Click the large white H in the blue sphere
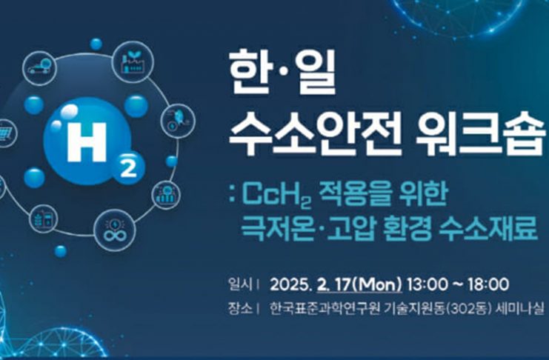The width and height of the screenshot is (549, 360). pos(87,142)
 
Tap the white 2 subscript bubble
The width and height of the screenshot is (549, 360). pos(128,169)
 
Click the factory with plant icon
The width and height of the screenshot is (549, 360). pos(133,62)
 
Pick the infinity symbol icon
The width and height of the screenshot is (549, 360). pos(115,230)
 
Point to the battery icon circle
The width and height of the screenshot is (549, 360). pos(44,219)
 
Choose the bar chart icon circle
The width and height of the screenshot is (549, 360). pos(166,195)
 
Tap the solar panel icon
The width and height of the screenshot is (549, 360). pos(7,133)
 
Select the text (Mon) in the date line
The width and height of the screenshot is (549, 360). pos(376,284)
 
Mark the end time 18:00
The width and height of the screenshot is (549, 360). pos(488,284)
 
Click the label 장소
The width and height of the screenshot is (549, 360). pos(240,309)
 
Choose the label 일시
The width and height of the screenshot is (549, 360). pos(240,284)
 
